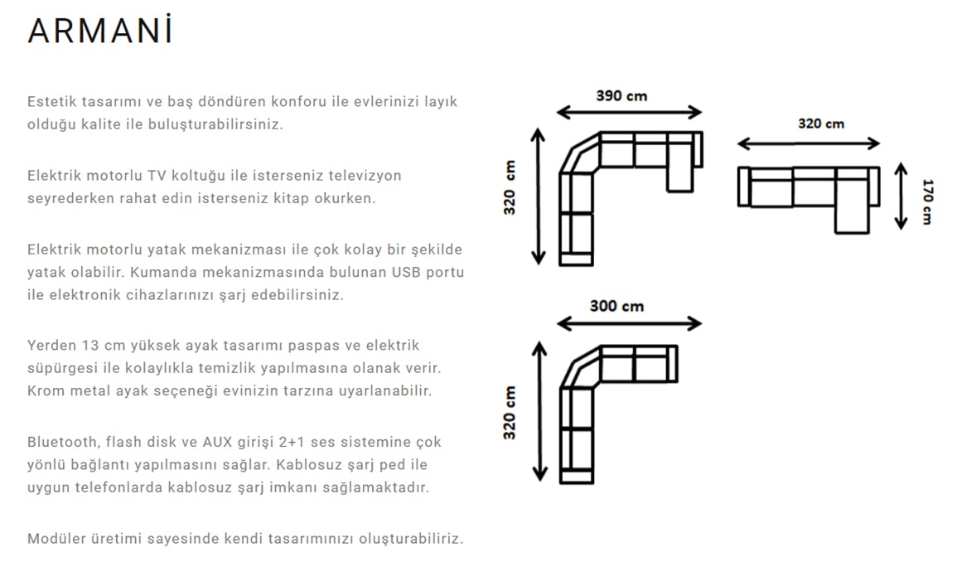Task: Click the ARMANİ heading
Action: point(101,31)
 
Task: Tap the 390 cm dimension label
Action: point(621,96)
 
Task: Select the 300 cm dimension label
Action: point(616,306)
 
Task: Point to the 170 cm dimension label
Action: point(928,201)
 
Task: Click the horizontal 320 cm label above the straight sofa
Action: point(821,124)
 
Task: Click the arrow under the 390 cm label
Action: point(629,112)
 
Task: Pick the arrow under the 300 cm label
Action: point(629,322)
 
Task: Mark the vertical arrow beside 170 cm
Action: point(901,196)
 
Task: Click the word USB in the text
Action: point(407,272)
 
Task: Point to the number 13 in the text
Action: point(89,346)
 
